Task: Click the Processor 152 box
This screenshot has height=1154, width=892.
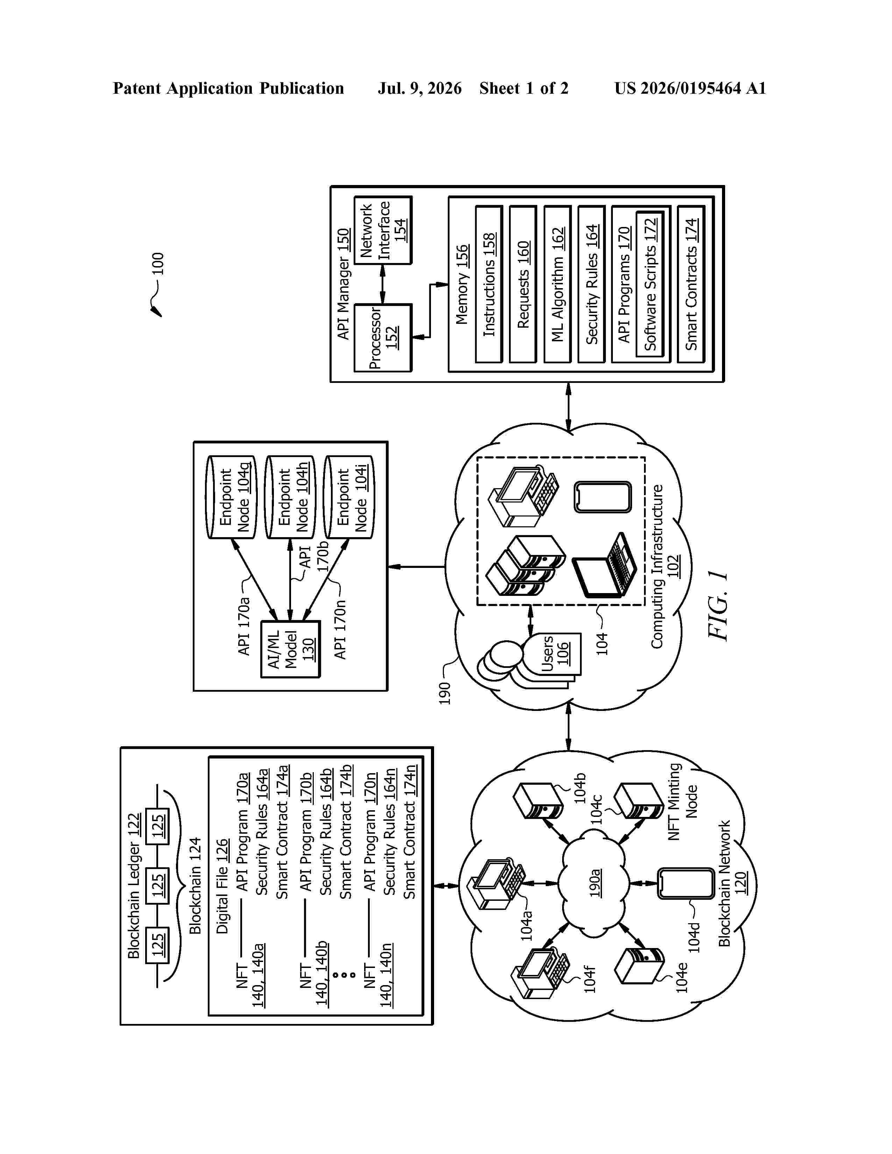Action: pos(383,338)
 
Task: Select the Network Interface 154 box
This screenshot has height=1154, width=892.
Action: pos(383,230)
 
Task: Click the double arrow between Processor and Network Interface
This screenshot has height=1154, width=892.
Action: pos(383,284)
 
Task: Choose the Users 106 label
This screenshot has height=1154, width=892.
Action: pos(554,653)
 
